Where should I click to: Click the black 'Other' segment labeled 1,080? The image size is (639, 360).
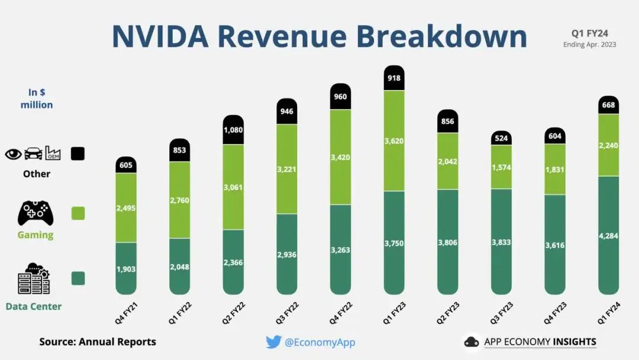pos(234,130)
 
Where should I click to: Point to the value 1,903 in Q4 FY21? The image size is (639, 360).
pos(125,269)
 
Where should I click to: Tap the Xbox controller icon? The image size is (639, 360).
pos(35,213)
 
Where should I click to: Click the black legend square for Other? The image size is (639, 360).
pos(78,153)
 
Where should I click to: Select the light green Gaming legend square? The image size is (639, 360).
pos(78,213)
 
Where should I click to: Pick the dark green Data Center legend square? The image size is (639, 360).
pos(78,278)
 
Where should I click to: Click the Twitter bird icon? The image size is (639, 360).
pos(273,342)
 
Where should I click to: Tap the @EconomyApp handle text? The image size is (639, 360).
pos(320,342)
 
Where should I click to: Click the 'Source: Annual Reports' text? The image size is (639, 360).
pos(98,342)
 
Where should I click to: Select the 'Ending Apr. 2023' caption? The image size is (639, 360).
pos(589,44)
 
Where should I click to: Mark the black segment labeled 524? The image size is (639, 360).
pos(501,138)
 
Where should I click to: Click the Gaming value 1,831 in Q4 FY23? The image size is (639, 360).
pos(555,169)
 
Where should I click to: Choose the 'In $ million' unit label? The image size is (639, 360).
pos(37,98)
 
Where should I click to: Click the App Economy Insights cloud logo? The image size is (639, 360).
pos(472,342)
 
